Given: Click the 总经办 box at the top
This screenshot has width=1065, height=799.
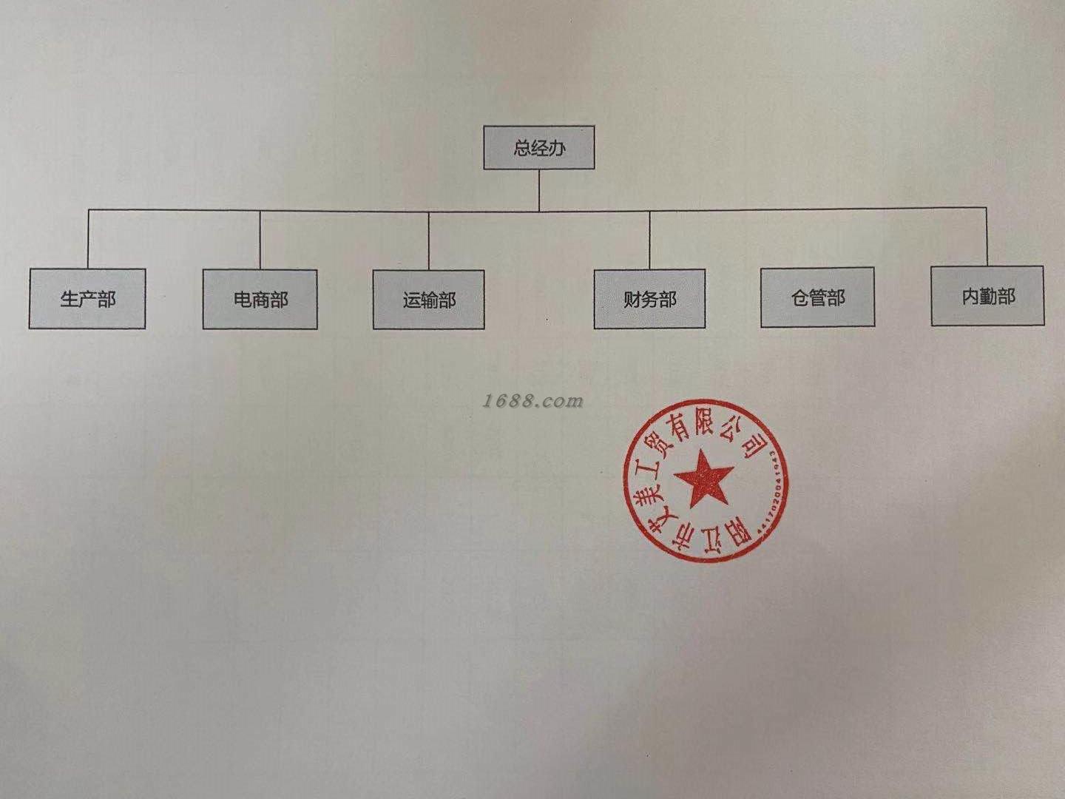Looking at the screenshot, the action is pos(539,147).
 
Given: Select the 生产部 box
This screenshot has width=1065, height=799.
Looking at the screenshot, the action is pos(87,299).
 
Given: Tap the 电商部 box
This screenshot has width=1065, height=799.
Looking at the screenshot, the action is pos(260,300).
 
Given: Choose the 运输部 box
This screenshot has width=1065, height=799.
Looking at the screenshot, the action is pos(429,300).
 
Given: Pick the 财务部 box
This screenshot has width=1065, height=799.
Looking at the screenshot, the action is pos(649,299).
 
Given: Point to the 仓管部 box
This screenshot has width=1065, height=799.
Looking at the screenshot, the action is pos(817,297).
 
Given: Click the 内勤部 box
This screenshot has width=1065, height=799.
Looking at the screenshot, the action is pos(988,296).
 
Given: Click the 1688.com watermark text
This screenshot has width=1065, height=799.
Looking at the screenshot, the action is pos(532,401).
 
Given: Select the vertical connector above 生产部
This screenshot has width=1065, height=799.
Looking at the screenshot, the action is pos(88,239).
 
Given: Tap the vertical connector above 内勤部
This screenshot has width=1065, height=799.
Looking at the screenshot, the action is pos(987,237).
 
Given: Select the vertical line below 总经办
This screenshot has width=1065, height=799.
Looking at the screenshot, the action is pos(539,189).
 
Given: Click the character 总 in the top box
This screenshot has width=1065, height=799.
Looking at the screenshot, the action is pos(522,148).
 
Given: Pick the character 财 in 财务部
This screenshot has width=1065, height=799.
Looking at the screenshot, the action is pos(632,300).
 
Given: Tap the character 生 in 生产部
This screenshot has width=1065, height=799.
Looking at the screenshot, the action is pos(70,299).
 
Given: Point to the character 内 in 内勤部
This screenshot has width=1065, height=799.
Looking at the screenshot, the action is pos(970,296).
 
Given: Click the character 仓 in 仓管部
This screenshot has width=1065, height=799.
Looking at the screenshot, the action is pos(799,297).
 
